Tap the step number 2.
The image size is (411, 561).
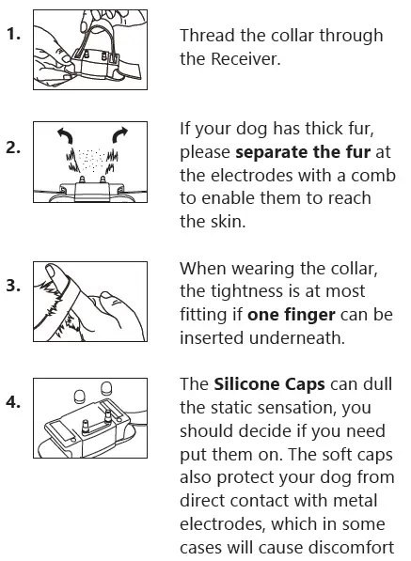[x=13, y=149]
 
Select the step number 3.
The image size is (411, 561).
[x=13, y=285]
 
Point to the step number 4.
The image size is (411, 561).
[x=13, y=402]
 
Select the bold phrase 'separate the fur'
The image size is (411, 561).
[x=295, y=151]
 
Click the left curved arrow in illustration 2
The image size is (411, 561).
[x=64, y=138]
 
